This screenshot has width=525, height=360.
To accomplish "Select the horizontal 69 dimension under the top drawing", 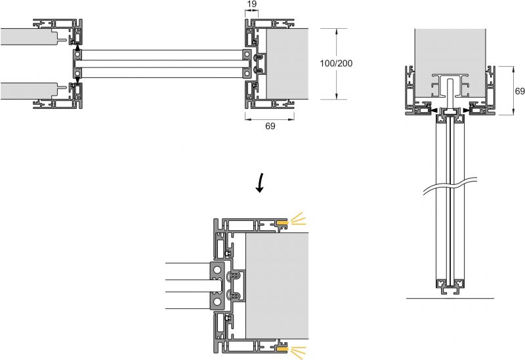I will pos(270,126).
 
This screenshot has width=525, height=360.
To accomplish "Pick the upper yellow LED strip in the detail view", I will pos(282,224).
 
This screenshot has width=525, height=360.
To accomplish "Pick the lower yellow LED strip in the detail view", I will pos(282,350).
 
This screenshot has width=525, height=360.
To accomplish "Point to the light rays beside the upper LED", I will pos(298,219).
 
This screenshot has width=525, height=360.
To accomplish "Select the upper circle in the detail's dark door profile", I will pos(217,270).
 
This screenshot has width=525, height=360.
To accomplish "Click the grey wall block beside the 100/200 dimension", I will pos(287,64).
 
